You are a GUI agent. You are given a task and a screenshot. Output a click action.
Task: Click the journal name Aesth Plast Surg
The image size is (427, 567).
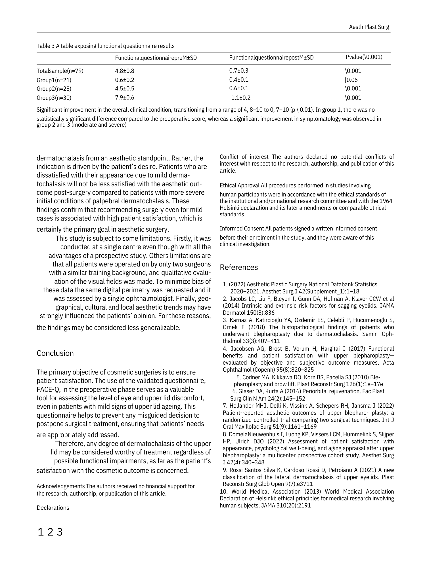pos(369,27)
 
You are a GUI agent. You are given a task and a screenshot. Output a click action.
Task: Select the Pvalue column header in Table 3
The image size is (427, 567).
pos(364,57)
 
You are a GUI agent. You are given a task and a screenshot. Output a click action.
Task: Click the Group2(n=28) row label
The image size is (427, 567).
pos(54,88)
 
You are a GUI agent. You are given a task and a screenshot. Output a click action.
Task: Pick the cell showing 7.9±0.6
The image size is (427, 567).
pos(125,98)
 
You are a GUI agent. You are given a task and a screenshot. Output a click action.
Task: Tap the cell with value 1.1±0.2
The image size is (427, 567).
pos(241,98)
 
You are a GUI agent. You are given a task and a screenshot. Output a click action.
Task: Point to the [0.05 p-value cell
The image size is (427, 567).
pos(351,80)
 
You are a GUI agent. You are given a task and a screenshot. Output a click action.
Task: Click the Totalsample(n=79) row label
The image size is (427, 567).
pos(60,71)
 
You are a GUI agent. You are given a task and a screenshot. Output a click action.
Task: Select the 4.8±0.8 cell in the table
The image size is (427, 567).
pos(125,71)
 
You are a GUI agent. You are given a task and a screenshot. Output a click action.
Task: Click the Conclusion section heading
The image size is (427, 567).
pos(55,353)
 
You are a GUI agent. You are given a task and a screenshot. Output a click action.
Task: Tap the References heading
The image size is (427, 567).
pos(239,267)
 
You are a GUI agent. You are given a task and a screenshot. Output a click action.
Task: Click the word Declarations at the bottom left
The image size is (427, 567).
pos(53,508)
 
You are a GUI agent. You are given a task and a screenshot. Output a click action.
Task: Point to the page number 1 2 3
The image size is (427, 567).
pos(50,532)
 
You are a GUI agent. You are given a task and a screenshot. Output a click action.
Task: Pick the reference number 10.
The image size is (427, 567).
pos(224,492)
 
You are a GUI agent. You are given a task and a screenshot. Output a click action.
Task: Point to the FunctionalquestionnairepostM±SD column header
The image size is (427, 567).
pos(271,58)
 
